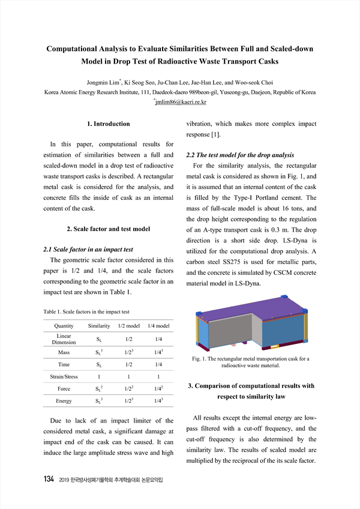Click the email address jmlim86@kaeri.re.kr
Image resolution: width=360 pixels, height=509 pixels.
pyautogui.click(x=181, y=102)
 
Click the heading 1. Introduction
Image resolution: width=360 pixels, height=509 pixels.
pyautogui.click(x=108, y=124)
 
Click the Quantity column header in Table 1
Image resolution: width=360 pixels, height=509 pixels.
pyautogui.click(x=64, y=325)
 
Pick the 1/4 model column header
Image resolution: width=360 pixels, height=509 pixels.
pyautogui.click(x=158, y=325)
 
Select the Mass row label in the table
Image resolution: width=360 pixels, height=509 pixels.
pyautogui.click(x=64, y=352)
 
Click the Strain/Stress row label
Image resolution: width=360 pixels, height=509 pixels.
pyautogui.click(x=64, y=377)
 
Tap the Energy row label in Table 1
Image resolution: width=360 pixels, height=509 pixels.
pyautogui.click(x=64, y=401)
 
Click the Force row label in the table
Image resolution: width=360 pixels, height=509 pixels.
pyautogui.click(x=64, y=389)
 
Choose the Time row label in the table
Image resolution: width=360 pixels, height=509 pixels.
pyautogui.click(x=64, y=364)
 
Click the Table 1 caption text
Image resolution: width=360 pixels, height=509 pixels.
pyautogui.click(x=86, y=312)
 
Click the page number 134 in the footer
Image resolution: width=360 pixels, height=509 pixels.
pyautogui.click(x=50, y=480)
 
